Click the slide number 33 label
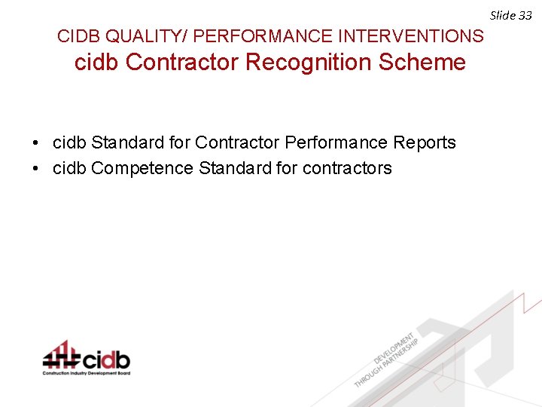pyautogui.click(x=511, y=15)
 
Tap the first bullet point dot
pyautogui.click(x=35, y=143)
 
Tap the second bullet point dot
pyautogui.click(x=35, y=169)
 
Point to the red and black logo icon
pyautogui.click(x=61, y=354)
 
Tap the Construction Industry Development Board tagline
pyautogui.click(x=86, y=373)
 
